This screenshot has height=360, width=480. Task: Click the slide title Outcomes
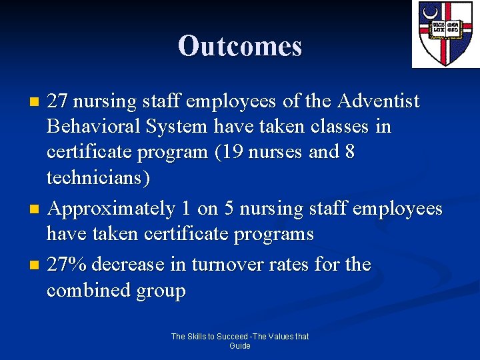pos(240,46)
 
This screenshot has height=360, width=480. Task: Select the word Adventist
pos(379,101)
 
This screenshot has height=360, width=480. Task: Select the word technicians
pos(98,178)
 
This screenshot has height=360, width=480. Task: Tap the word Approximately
pos(111,209)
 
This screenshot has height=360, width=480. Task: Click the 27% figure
pos(67,265)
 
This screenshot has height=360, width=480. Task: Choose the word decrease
pos(130,265)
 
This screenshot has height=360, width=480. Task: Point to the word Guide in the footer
pos(240,346)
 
